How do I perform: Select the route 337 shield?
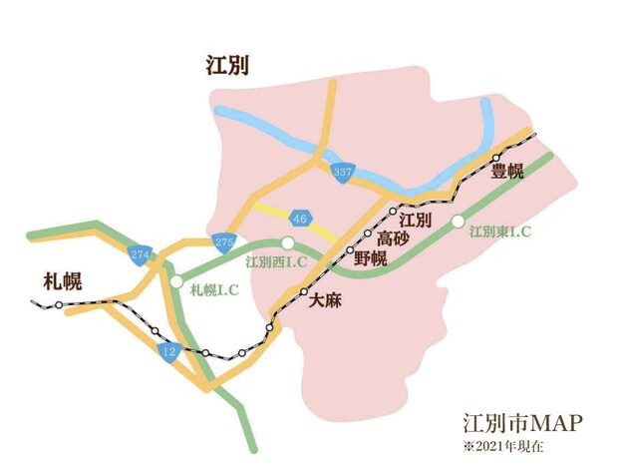click(x=343, y=172)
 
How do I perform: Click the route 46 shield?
click(x=300, y=219)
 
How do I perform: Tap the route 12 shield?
click(x=167, y=351)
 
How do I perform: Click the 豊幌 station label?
click(x=507, y=172)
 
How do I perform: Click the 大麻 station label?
click(x=325, y=298)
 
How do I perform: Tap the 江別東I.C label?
click(x=499, y=231)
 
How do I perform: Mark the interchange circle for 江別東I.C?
click(x=458, y=221)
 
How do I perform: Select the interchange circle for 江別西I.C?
click(x=287, y=242)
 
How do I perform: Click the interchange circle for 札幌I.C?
click(x=175, y=282)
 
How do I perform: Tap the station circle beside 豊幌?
click(x=495, y=158)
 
